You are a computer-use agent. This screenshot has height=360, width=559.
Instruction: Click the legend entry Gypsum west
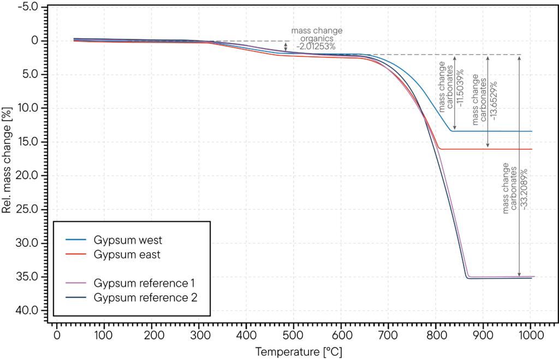pyautogui.click(x=128, y=240)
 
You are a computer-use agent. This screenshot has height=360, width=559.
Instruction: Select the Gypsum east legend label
pyautogui.click(x=127, y=255)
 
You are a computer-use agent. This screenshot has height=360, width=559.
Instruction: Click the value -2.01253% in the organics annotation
pyautogui.click(x=317, y=47)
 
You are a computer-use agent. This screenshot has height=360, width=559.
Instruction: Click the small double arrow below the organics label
pyautogui.click(x=286, y=47)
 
